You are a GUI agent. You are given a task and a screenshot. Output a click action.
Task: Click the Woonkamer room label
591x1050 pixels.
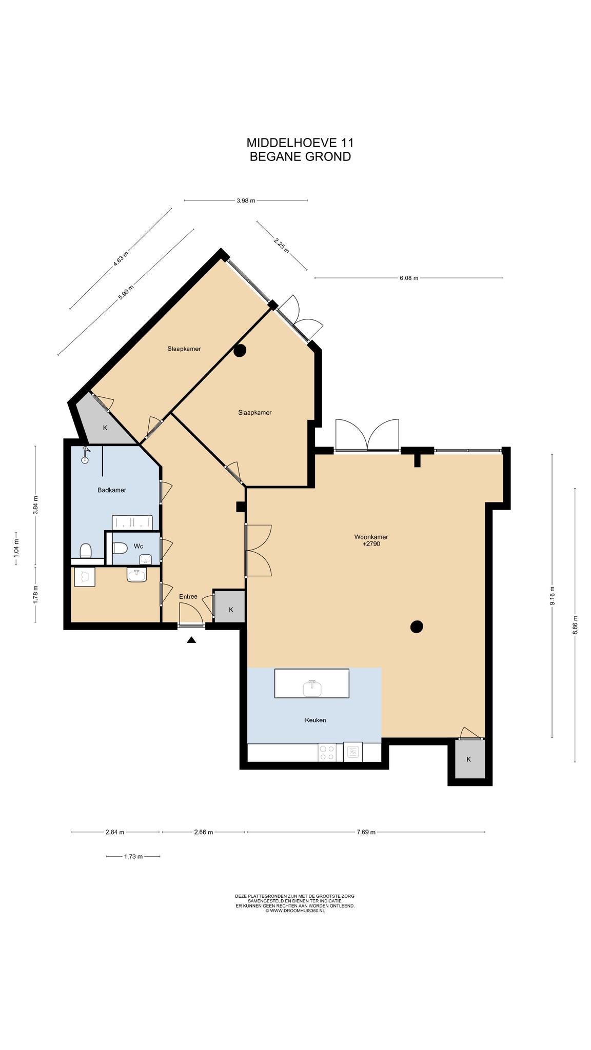pos(371,537)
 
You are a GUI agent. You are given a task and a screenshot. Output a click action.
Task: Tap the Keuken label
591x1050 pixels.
pos(316,720)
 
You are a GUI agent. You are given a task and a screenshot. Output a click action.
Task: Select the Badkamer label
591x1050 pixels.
pos(112,490)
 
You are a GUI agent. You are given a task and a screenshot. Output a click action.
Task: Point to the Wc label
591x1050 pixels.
pos(138,547)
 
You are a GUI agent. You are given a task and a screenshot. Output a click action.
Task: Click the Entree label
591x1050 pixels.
pos(188,597)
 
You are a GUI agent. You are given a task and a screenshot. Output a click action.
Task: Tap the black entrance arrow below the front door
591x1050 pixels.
pos(191,639)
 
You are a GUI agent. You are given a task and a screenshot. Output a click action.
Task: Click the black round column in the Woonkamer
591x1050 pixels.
pos(417,626)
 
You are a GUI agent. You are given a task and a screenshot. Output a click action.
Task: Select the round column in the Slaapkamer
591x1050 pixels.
pos(240,351)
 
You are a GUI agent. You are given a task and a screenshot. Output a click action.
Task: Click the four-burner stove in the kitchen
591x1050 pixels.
pos(327,752)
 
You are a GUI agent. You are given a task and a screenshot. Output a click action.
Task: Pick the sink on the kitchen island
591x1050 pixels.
pos(312,688)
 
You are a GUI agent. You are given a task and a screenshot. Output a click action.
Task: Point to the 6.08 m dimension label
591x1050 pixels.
pos(408,278)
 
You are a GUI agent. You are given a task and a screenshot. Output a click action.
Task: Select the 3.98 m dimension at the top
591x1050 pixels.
pos(246,201)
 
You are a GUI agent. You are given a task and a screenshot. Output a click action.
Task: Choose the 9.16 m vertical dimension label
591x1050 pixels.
pos(552,596)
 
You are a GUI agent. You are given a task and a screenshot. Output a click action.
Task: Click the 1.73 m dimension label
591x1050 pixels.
pos(133,856)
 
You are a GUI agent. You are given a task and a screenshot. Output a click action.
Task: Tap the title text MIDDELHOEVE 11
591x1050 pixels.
pos(300,143)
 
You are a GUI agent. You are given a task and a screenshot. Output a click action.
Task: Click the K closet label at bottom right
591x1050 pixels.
pos(468,759)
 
